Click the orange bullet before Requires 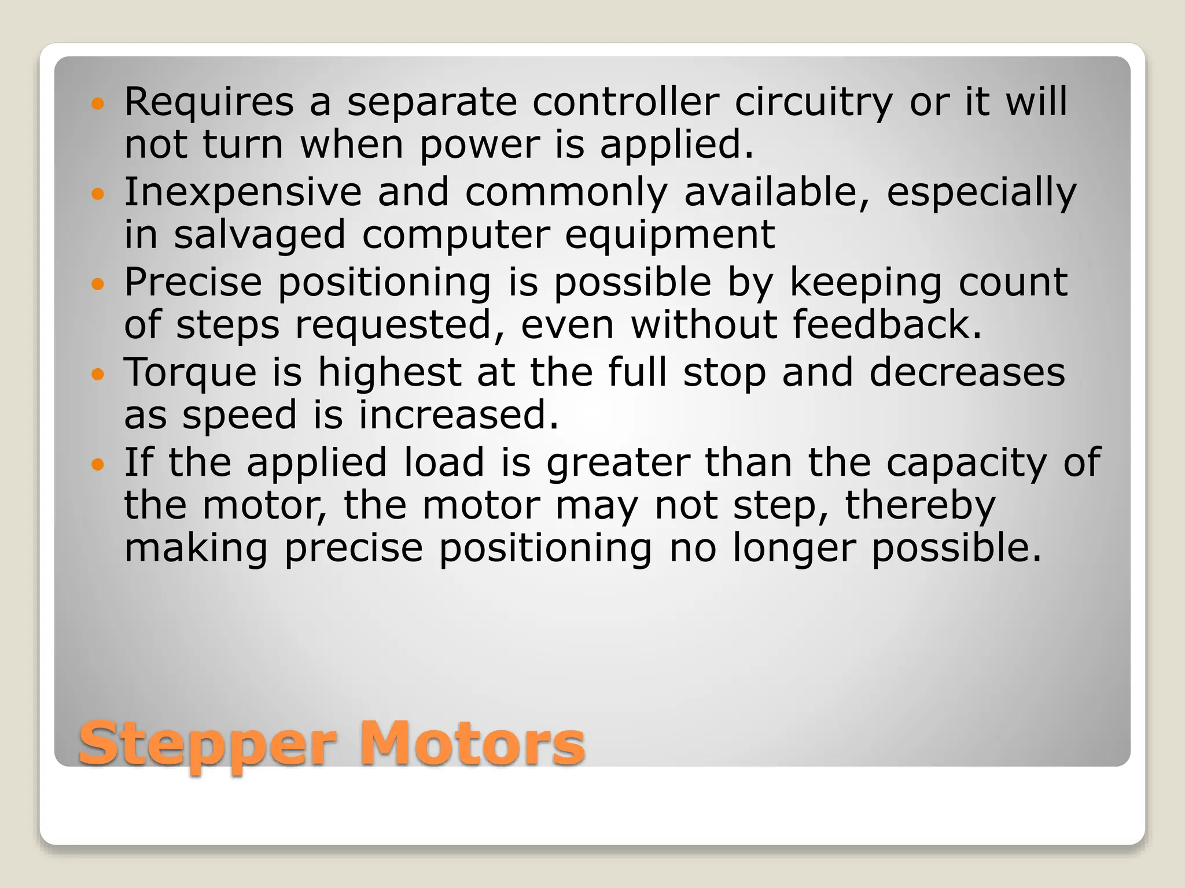coord(98,104)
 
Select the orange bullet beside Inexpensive coord(98,194)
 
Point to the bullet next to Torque coord(98,374)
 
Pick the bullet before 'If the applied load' coord(98,464)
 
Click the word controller coord(625,102)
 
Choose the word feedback coord(887,324)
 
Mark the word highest coord(389,373)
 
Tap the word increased coord(459,415)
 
